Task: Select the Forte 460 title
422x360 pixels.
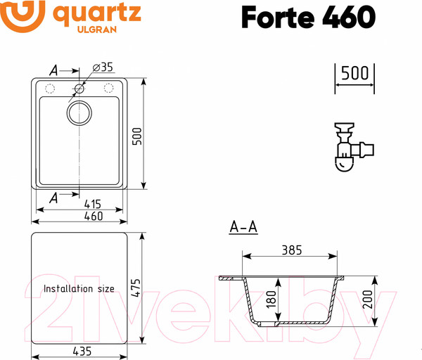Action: point(307,16)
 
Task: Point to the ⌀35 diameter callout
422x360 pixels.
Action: point(103,67)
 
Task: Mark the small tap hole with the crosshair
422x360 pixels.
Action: point(79,89)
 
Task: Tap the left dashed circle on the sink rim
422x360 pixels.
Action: point(50,89)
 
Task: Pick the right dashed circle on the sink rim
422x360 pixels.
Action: point(109,89)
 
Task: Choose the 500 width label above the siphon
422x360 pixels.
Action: point(354,73)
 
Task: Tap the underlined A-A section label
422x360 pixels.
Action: point(243,227)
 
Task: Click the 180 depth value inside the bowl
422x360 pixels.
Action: point(271,301)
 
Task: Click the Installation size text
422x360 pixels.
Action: point(79,288)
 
